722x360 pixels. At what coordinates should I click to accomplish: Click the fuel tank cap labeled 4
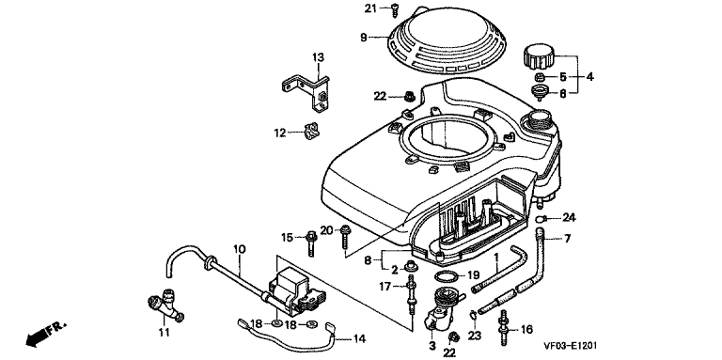(x=539, y=56)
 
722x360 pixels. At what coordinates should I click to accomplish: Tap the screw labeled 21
(x=395, y=9)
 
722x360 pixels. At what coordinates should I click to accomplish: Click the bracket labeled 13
(x=307, y=92)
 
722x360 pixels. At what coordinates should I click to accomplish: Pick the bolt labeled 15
(x=311, y=243)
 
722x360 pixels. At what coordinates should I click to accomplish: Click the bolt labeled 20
(x=344, y=237)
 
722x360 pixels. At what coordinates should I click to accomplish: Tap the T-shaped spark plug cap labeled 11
(x=165, y=305)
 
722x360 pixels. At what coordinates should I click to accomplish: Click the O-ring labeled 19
(x=447, y=277)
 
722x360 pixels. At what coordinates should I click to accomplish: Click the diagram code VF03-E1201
(x=571, y=345)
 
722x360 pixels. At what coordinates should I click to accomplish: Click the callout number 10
(x=239, y=250)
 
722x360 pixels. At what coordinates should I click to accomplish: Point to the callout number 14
(x=359, y=339)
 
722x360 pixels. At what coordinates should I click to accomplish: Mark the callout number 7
(x=567, y=239)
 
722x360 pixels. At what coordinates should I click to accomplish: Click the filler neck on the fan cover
(x=536, y=119)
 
